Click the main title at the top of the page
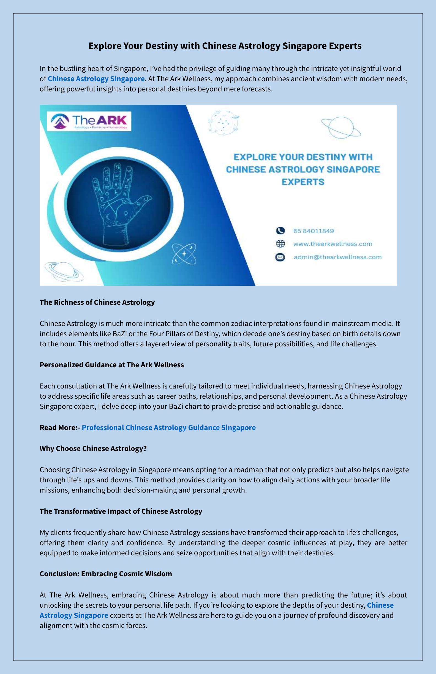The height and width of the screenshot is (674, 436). coord(225,46)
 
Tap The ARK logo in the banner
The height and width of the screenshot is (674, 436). coord(89,121)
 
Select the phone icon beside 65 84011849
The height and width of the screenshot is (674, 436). coord(280,231)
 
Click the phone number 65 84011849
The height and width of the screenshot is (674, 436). coord(314,231)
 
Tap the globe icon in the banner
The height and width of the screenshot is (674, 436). coord(280,244)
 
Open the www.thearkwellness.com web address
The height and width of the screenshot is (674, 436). coord(333,244)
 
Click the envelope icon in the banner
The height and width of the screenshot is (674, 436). coord(280,257)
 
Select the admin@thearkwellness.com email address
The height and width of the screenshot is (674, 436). coord(337,257)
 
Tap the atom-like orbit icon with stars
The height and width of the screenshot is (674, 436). coord(184,254)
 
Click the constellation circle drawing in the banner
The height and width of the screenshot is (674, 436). coord(224,122)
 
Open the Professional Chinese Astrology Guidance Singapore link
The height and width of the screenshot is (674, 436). coord(168,427)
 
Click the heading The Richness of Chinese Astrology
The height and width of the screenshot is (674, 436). coord(97,302)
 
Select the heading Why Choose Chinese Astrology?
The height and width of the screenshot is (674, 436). coord(93,448)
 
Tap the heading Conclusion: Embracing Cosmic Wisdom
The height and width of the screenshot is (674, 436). coord(106,574)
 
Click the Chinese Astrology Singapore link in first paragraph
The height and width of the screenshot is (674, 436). coord(96,79)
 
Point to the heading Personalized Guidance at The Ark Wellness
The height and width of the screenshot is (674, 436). coord(111,365)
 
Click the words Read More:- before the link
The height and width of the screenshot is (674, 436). coord(60,427)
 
